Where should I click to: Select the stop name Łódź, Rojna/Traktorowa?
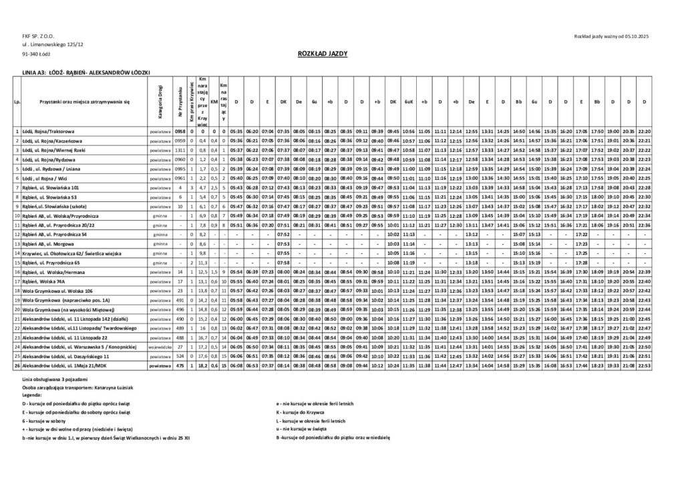click(x=48, y=132)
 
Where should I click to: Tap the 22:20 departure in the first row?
click(x=644, y=132)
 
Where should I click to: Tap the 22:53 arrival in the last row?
click(x=644, y=366)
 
